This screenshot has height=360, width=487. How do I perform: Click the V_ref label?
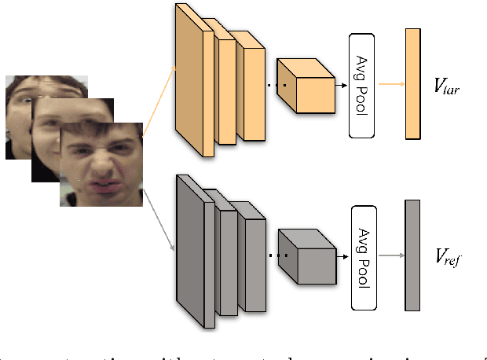point(447,256)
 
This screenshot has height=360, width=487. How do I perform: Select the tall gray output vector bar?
point(412,255)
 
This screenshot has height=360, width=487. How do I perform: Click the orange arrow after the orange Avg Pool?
point(390,84)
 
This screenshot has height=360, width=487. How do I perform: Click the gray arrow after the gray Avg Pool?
point(390,255)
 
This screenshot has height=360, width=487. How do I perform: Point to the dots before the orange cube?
point(273,85)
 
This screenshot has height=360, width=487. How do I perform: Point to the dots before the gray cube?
point(273,255)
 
